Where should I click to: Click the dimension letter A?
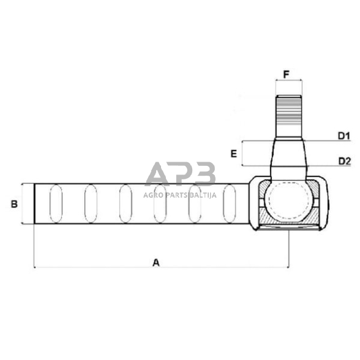pos(156,262)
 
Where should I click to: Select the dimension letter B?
pos(14,204)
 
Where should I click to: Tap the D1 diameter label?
pos(343,136)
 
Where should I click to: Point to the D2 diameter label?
pos(343,161)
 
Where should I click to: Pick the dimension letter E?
pos(233,154)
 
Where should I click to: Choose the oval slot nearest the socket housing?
pos(230,204)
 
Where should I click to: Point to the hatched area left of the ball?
pos(263,202)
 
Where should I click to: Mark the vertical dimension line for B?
pos(23,204)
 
